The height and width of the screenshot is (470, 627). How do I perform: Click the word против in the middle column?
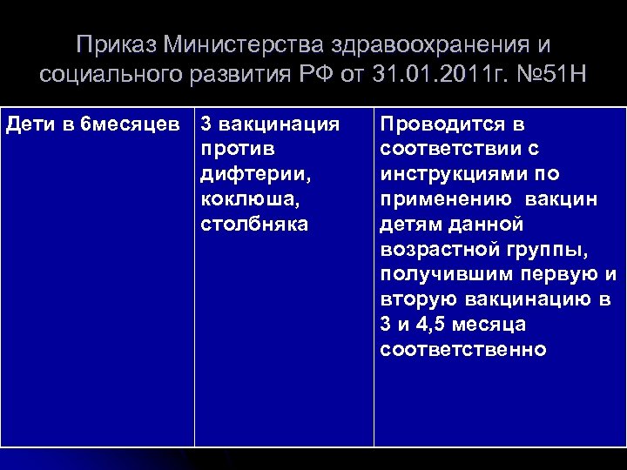(233, 150)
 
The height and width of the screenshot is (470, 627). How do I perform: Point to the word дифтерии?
(255, 175)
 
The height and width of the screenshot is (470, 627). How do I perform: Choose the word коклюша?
(250, 199)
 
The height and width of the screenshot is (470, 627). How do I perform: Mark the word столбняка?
(253, 225)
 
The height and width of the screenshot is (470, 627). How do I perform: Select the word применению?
(447, 199)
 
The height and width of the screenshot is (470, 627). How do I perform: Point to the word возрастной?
(437, 250)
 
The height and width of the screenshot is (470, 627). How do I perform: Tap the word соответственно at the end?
(463, 350)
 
